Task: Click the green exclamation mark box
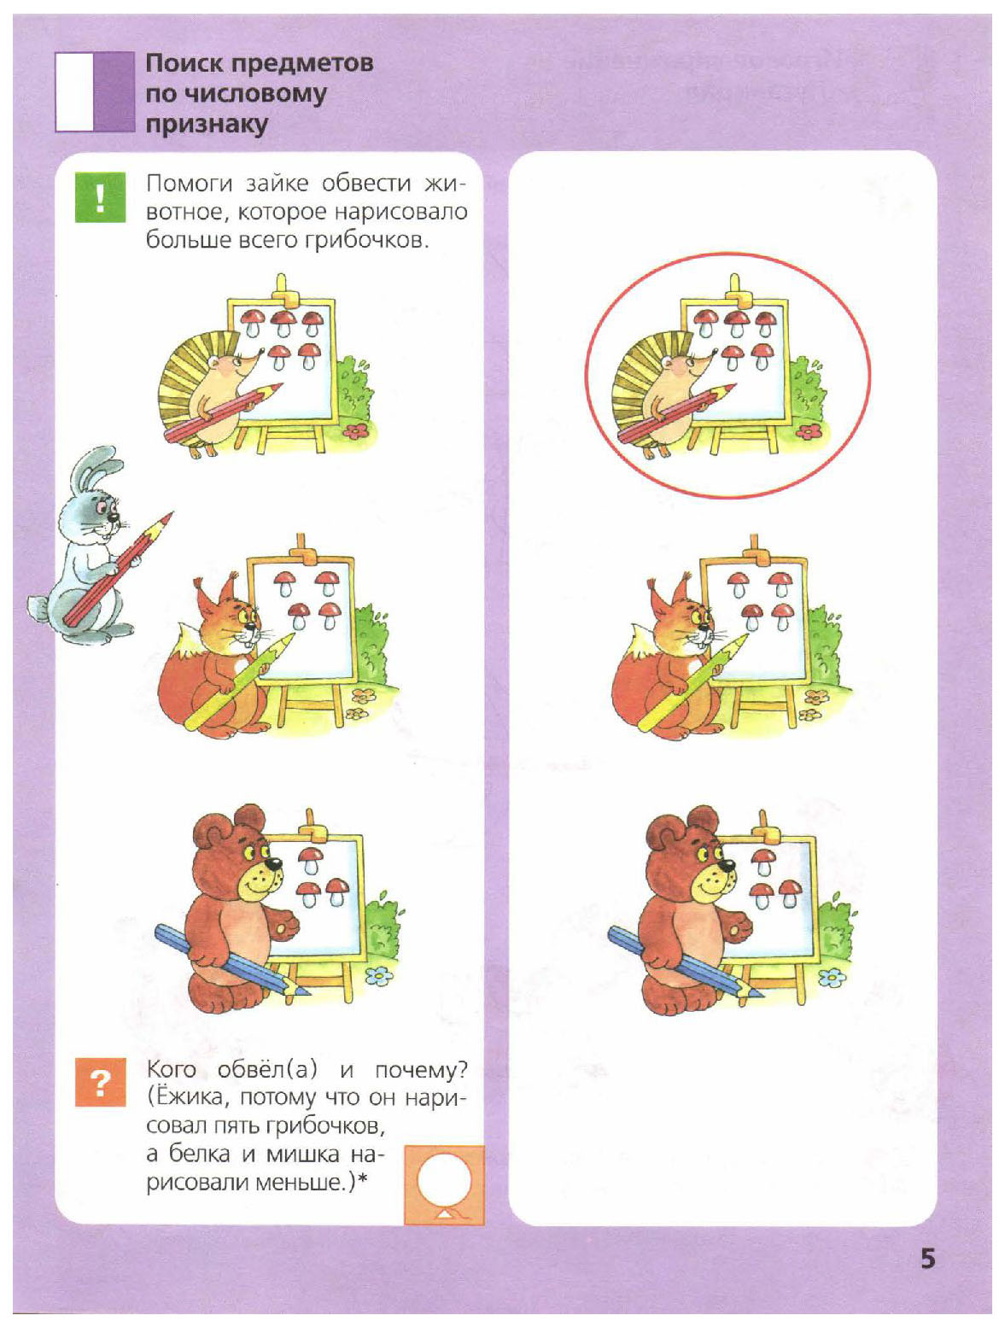click(100, 197)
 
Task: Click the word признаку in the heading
click(207, 126)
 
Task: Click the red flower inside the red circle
click(809, 431)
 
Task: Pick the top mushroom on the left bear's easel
click(310, 860)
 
